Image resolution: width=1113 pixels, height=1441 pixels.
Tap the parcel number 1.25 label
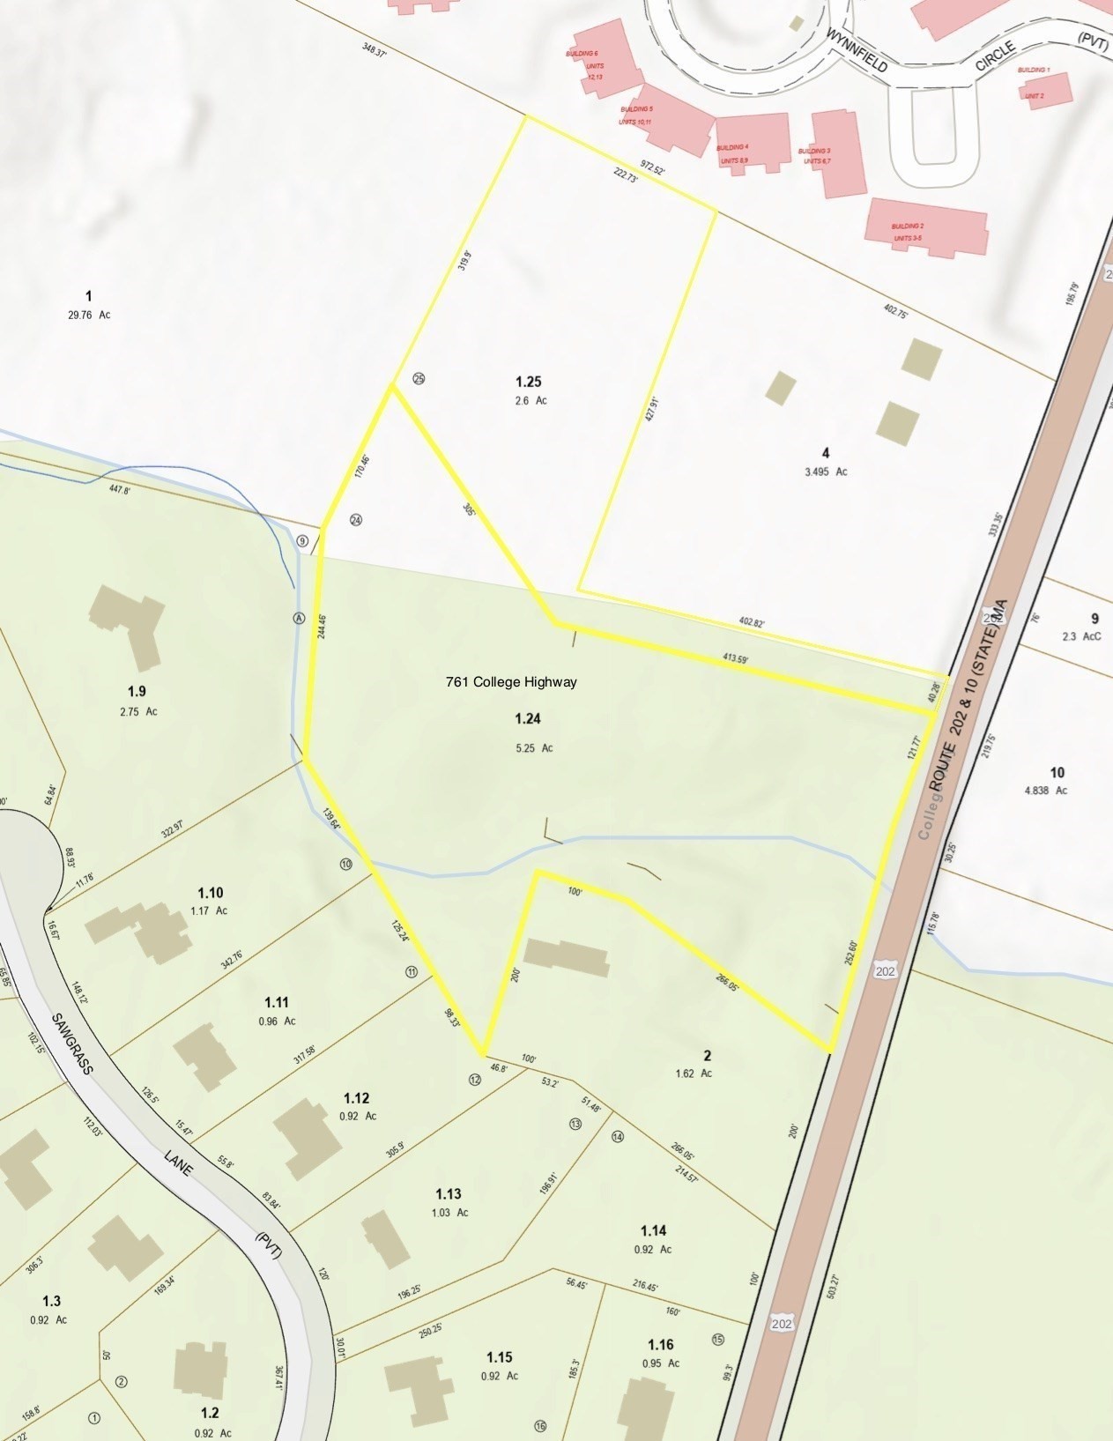pyautogui.click(x=528, y=382)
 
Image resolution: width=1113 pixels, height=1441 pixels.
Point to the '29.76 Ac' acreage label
pyautogui.click(x=89, y=315)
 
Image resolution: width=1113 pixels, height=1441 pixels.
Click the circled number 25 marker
pyautogui.click(x=419, y=379)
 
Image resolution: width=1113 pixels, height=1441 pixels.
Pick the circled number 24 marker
pyautogui.click(x=356, y=520)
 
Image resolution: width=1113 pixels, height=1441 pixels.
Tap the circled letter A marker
pyautogui.click(x=299, y=619)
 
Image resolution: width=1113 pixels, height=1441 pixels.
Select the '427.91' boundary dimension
pyautogui.click(x=651, y=409)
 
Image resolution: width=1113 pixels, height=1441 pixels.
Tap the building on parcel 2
pyautogui.click(x=566, y=957)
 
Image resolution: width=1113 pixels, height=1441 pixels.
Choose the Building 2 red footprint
pyautogui.click(x=926, y=227)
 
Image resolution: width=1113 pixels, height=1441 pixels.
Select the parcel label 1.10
pyautogui.click(x=211, y=892)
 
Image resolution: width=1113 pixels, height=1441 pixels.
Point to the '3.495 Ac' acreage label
pyautogui.click(x=825, y=472)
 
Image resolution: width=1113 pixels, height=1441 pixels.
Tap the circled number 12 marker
pyautogui.click(x=475, y=1080)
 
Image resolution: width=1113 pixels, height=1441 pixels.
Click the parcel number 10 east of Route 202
pyautogui.click(x=1057, y=773)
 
